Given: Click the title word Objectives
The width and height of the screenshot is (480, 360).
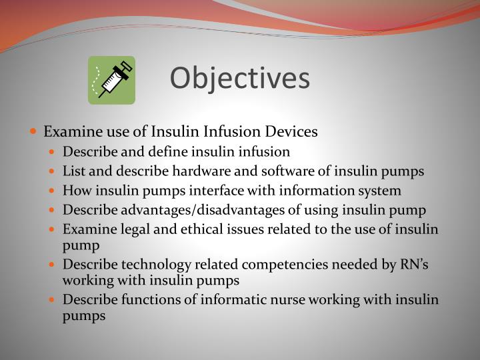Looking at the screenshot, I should click(x=240, y=79).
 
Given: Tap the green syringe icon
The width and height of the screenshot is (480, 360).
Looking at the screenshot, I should click(x=112, y=80).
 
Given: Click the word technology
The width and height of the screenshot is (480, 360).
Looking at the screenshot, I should click(x=145, y=265).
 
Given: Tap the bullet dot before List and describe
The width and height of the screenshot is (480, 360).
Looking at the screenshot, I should click(x=55, y=171).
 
